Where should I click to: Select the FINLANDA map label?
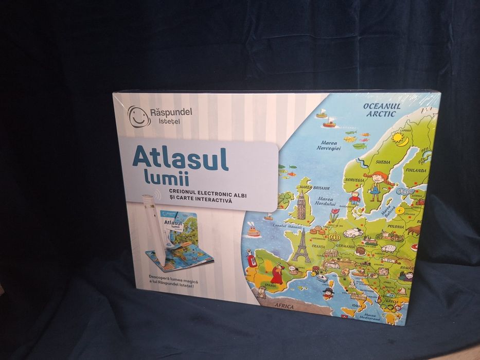pos(415,170)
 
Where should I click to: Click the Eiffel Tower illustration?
pos(300,245)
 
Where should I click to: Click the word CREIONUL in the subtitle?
pos(179,192)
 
